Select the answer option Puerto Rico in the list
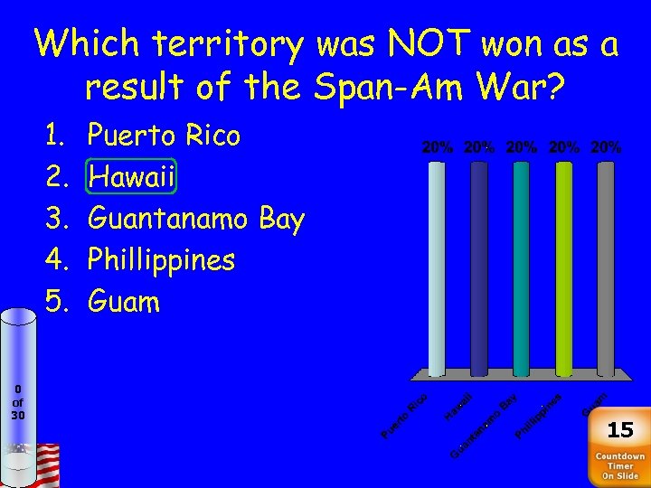164,136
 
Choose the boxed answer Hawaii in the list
132,178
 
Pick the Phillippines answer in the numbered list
161,261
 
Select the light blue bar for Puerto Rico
437,267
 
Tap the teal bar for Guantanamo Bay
521,267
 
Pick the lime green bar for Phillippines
563,267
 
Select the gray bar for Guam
605,267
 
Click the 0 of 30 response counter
18,402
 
